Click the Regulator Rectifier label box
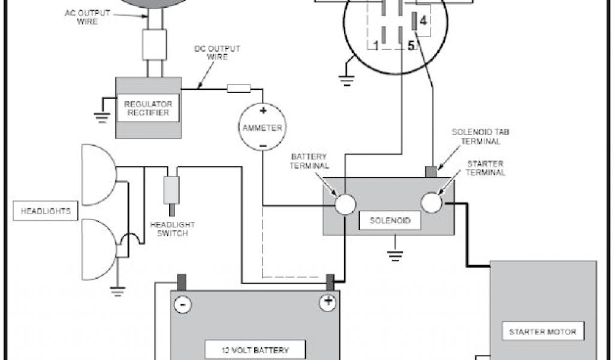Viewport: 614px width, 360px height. pos(147,107)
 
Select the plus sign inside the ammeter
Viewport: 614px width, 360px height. pos(262,110)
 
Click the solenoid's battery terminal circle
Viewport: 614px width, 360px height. pos(345,204)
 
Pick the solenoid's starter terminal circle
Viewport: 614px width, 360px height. pos(431,203)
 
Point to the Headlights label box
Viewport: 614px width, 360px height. pos(46,211)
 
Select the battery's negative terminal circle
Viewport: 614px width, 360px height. pos(182,304)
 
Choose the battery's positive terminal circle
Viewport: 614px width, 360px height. pos(327,302)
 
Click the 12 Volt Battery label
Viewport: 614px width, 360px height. pos(255,350)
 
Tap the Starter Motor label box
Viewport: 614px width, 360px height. pos(542,331)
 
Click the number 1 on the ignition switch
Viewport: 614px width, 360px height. pos(375,45)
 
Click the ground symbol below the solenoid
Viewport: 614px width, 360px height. pos(394,256)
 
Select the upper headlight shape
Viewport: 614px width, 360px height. pos(97,174)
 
